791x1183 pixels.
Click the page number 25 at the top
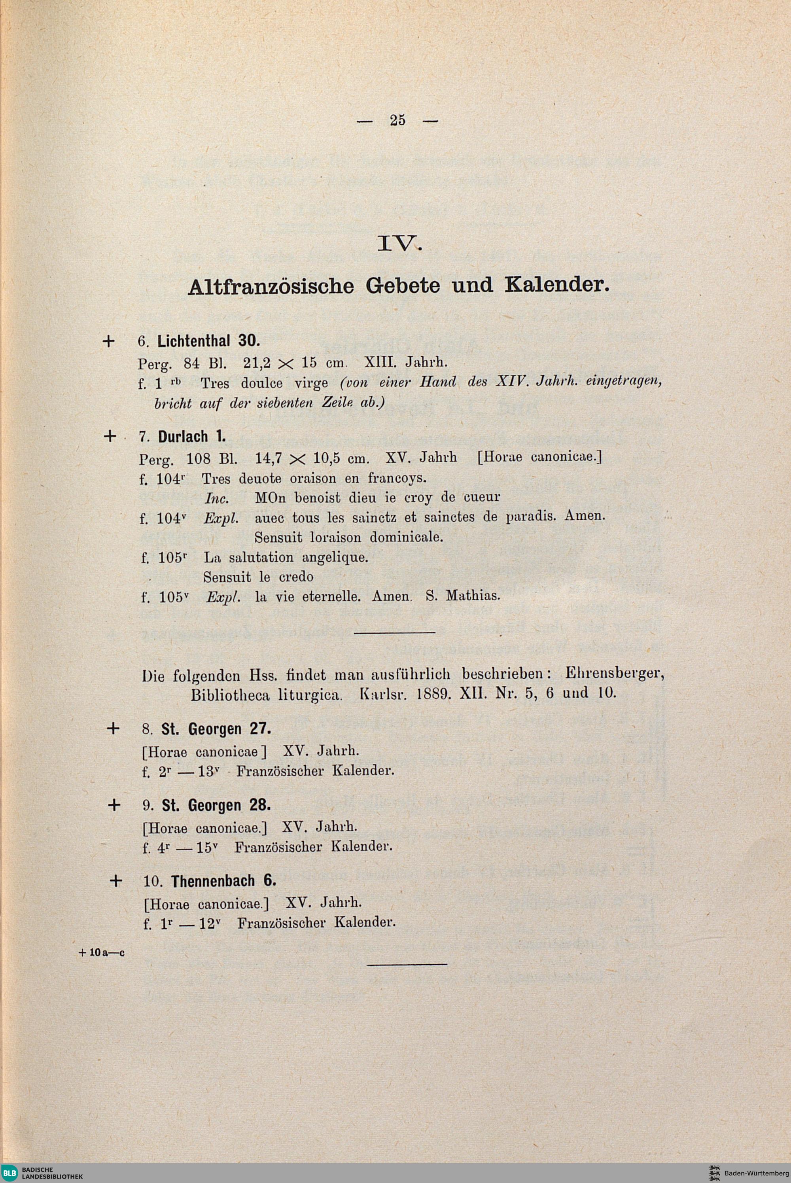pyautogui.click(x=397, y=120)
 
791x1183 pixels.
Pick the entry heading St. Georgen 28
pyautogui.click(x=216, y=805)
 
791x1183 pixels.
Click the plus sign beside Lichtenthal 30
pyautogui.click(x=108, y=341)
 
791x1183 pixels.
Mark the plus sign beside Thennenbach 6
pyautogui.click(x=115, y=881)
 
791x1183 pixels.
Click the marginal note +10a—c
pyautogui.click(x=102, y=953)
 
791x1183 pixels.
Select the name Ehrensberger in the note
pyautogui.click(x=613, y=674)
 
